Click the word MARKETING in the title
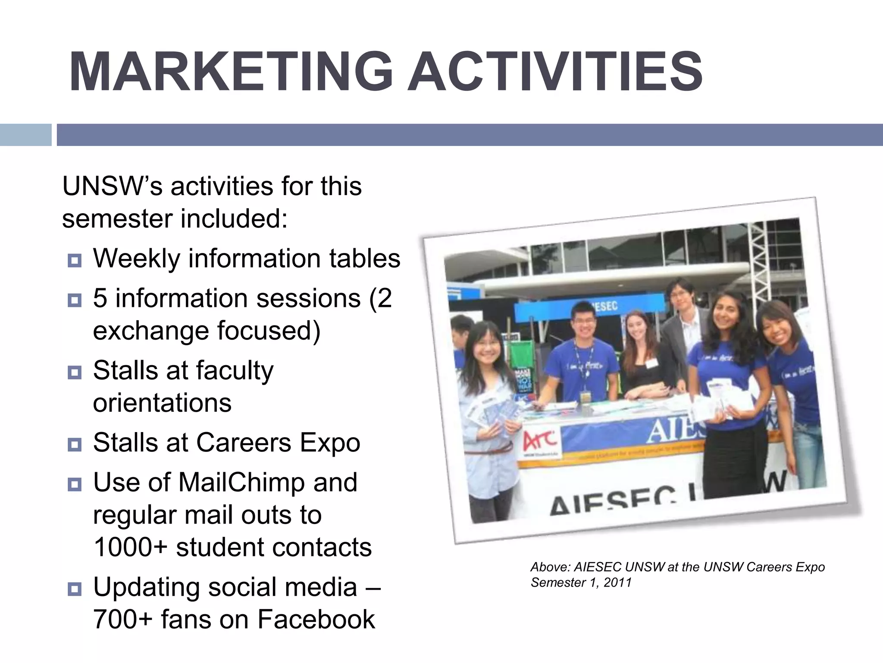[x=231, y=72]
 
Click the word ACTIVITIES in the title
[x=555, y=72]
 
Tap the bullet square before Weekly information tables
[x=75, y=261]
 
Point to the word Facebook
[x=316, y=619]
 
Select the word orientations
[x=162, y=403]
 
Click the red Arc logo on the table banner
[x=539, y=441]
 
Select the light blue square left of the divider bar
[x=25, y=135]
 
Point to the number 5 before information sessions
[x=100, y=298]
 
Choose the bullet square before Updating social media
[x=75, y=589]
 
